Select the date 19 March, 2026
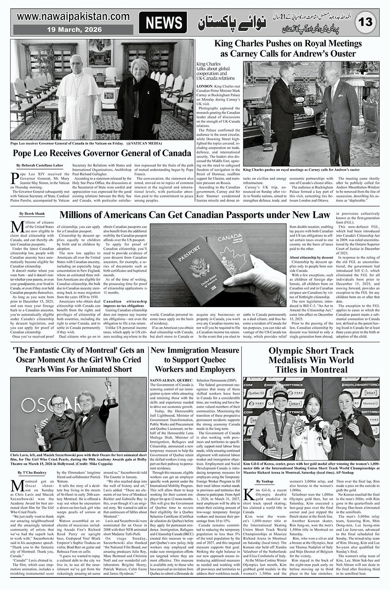pos(74,30)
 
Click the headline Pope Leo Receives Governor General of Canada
pos(101,153)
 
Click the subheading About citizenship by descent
pos(311,257)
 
